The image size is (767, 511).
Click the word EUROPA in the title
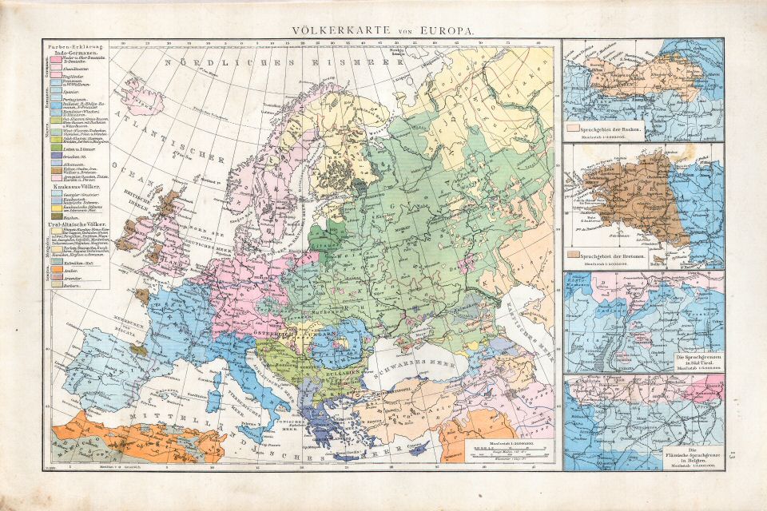[443, 30]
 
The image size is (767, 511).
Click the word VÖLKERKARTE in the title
[328, 30]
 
